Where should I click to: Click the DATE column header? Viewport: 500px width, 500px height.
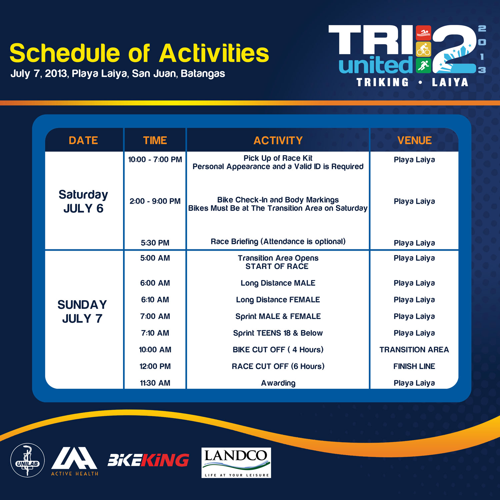[83, 140]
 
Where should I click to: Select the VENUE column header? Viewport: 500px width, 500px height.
[414, 140]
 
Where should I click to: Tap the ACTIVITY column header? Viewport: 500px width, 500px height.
[278, 140]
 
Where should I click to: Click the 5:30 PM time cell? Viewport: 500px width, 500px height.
[155, 243]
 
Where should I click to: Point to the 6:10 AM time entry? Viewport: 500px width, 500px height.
[155, 300]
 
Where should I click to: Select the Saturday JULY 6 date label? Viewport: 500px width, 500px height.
[83, 201]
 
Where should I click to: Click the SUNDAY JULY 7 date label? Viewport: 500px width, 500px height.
[82, 311]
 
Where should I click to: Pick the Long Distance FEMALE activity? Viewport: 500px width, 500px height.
[278, 300]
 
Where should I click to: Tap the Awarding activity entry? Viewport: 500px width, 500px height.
[278, 383]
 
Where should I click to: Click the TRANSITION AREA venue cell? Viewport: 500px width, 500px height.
[414, 350]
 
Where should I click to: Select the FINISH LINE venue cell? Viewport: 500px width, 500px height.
[414, 366]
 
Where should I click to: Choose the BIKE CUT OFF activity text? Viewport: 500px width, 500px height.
[278, 350]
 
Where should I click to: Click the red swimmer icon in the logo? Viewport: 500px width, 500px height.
[424, 33]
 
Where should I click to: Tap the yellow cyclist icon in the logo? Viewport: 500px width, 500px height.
[424, 49]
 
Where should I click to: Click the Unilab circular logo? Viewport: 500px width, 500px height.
[27, 460]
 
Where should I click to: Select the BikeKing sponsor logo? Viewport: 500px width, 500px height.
[148, 460]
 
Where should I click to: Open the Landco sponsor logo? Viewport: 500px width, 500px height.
[236, 463]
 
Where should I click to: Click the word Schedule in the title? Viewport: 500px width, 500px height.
[65, 53]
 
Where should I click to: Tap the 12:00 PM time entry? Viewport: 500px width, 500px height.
[155, 366]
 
